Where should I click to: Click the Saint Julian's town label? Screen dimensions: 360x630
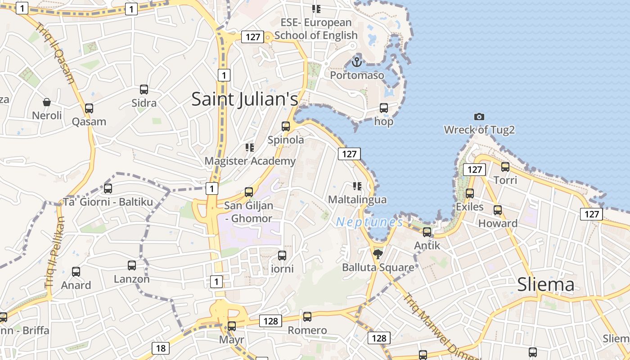245,99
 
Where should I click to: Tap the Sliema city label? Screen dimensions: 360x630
545,284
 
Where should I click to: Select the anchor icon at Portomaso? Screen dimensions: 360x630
357,62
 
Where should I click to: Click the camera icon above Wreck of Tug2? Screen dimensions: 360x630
479,117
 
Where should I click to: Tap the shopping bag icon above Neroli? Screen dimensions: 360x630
47,103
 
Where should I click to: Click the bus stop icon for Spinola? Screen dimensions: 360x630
286,126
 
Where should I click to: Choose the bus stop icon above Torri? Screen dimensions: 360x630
505,167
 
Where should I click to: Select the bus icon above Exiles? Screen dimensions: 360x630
470,193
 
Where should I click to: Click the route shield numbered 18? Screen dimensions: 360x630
161,348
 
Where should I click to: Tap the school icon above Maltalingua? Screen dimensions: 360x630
357,186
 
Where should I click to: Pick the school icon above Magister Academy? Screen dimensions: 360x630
250,148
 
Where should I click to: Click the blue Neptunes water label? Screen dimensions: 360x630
369,222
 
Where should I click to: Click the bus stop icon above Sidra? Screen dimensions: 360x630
144,90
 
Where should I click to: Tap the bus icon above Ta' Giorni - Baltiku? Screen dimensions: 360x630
108,189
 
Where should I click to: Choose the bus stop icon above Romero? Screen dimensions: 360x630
307,317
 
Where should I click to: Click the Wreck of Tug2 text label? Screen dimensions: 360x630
479,130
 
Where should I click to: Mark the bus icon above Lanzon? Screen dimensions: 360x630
131,265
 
